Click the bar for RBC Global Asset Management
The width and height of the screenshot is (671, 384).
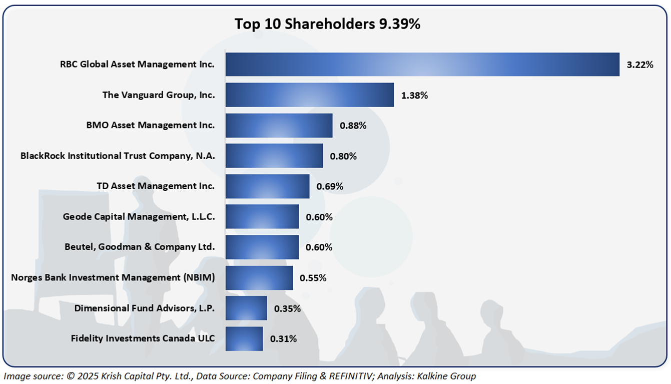(422, 64)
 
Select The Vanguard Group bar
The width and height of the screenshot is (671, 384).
(310, 95)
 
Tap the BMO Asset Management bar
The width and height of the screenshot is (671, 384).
(279, 125)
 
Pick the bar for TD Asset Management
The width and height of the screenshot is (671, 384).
(267, 186)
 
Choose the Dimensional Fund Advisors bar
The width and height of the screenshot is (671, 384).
(246, 308)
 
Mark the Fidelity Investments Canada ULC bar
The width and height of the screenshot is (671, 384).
(244, 339)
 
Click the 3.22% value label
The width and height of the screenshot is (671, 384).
(640, 65)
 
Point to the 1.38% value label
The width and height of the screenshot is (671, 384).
(414, 95)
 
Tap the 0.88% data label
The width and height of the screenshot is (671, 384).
(353, 126)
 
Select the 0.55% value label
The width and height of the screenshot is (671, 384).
(313, 278)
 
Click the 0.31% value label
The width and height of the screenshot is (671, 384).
(284, 339)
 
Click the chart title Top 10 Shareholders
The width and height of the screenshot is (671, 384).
(328, 24)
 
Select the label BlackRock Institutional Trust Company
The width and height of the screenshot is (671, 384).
(118, 156)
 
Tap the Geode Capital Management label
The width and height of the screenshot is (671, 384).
(139, 217)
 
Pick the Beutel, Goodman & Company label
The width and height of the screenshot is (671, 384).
(140, 247)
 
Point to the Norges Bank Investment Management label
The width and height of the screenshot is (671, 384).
(113, 277)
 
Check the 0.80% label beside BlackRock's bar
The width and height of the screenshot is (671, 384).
(343, 156)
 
